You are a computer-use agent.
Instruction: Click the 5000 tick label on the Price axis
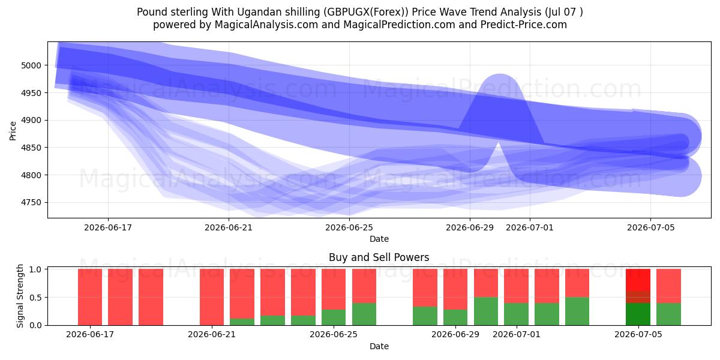31,65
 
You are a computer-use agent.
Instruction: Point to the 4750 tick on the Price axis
31,203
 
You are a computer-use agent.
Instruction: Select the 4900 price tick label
31,120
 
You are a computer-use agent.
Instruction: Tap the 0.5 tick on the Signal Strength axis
35,298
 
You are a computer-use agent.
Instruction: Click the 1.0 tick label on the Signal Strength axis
35,269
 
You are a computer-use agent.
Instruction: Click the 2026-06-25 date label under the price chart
349,227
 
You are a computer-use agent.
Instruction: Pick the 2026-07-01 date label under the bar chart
517,334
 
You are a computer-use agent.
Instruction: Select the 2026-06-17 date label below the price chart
108,227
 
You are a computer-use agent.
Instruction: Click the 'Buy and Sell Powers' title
379,257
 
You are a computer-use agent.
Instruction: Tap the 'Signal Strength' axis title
20,296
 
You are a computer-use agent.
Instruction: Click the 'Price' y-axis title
13,131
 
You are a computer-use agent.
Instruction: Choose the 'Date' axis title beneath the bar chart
379,346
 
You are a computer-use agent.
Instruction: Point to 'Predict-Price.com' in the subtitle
524,25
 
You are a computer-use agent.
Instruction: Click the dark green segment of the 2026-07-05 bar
638,314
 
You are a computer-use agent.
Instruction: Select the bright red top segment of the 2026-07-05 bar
638,280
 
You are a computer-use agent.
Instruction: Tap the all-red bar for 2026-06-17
90,297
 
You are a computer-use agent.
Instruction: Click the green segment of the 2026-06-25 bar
334,317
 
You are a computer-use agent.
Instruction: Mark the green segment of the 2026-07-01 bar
517,314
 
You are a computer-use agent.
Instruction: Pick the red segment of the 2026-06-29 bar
455,289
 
